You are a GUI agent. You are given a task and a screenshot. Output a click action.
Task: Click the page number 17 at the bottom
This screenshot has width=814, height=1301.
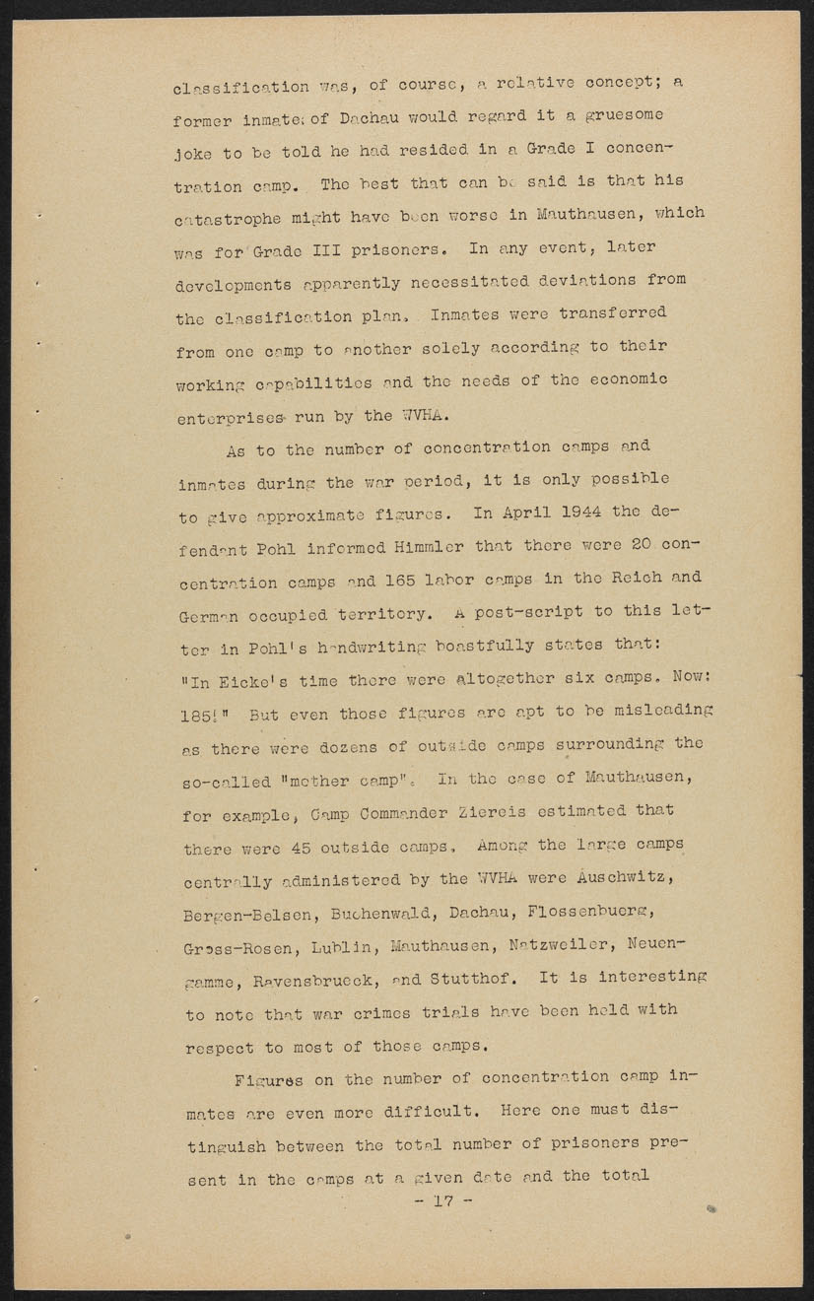(x=444, y=1201)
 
